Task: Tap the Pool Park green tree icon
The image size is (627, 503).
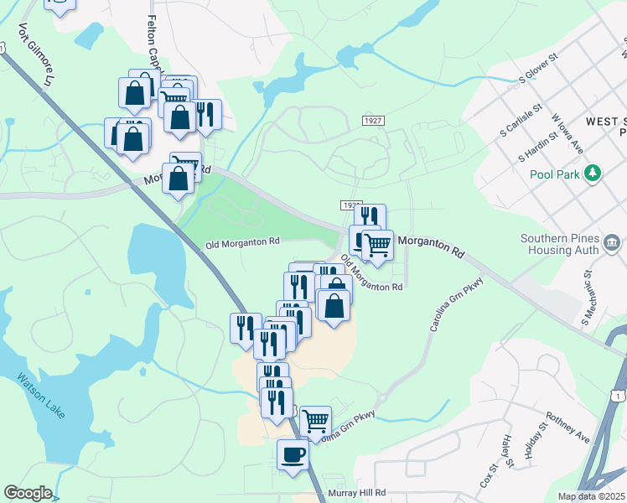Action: pyautogui.click(x=593, y=174)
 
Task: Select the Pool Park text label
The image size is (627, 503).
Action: pyautogui.click(x=555, y=174)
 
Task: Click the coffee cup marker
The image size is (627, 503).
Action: pyautogui.click(x=293, y=455)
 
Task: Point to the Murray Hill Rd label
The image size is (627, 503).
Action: pyautogui.click(x=357, y=493)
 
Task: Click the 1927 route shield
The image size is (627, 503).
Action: pyautogui.click(x=374, y=122)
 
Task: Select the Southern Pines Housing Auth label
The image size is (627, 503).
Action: pyautogui.click(x=559, y=244)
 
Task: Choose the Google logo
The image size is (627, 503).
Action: pyautogui.click(x=28, y=493)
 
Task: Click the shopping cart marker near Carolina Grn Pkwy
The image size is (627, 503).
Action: pyautogui.click(x=315, y=421)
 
